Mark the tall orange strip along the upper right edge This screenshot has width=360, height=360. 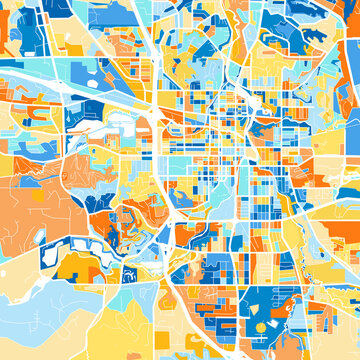(352, 40)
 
